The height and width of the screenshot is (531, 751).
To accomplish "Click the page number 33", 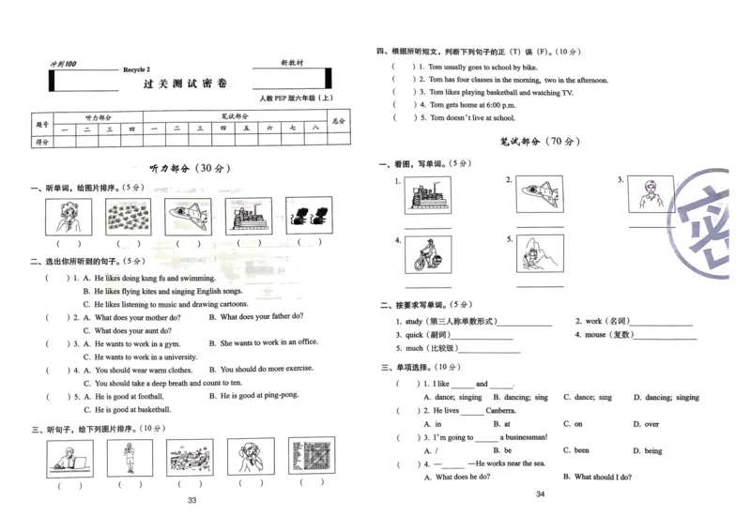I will click(192, 500).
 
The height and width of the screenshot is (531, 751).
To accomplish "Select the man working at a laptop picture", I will click(67, 459).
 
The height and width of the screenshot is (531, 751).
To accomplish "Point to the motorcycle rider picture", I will click(426, 254).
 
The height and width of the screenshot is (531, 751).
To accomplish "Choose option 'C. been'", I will click(575, 450).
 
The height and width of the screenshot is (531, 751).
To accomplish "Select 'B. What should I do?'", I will click(597, 477).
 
